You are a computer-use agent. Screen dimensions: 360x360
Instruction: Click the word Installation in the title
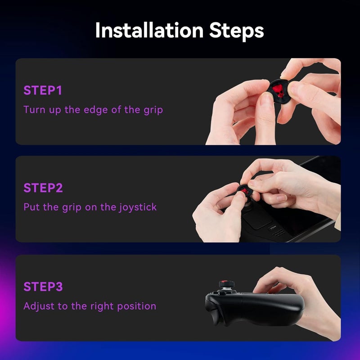click(x=148, y=31)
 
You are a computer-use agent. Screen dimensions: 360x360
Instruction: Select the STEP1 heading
click(x=43, y=90)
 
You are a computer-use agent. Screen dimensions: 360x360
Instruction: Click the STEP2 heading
click(x=43, y=188)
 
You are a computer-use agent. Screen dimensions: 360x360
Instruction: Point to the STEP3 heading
click(x=43, y=287)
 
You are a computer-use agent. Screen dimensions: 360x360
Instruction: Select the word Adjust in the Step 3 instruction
click(x=37, y=306)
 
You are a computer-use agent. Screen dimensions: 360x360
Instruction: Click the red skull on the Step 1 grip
click(x=279, y=90)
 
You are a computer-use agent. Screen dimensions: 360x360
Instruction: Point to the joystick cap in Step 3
click(x=225, y=284)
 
